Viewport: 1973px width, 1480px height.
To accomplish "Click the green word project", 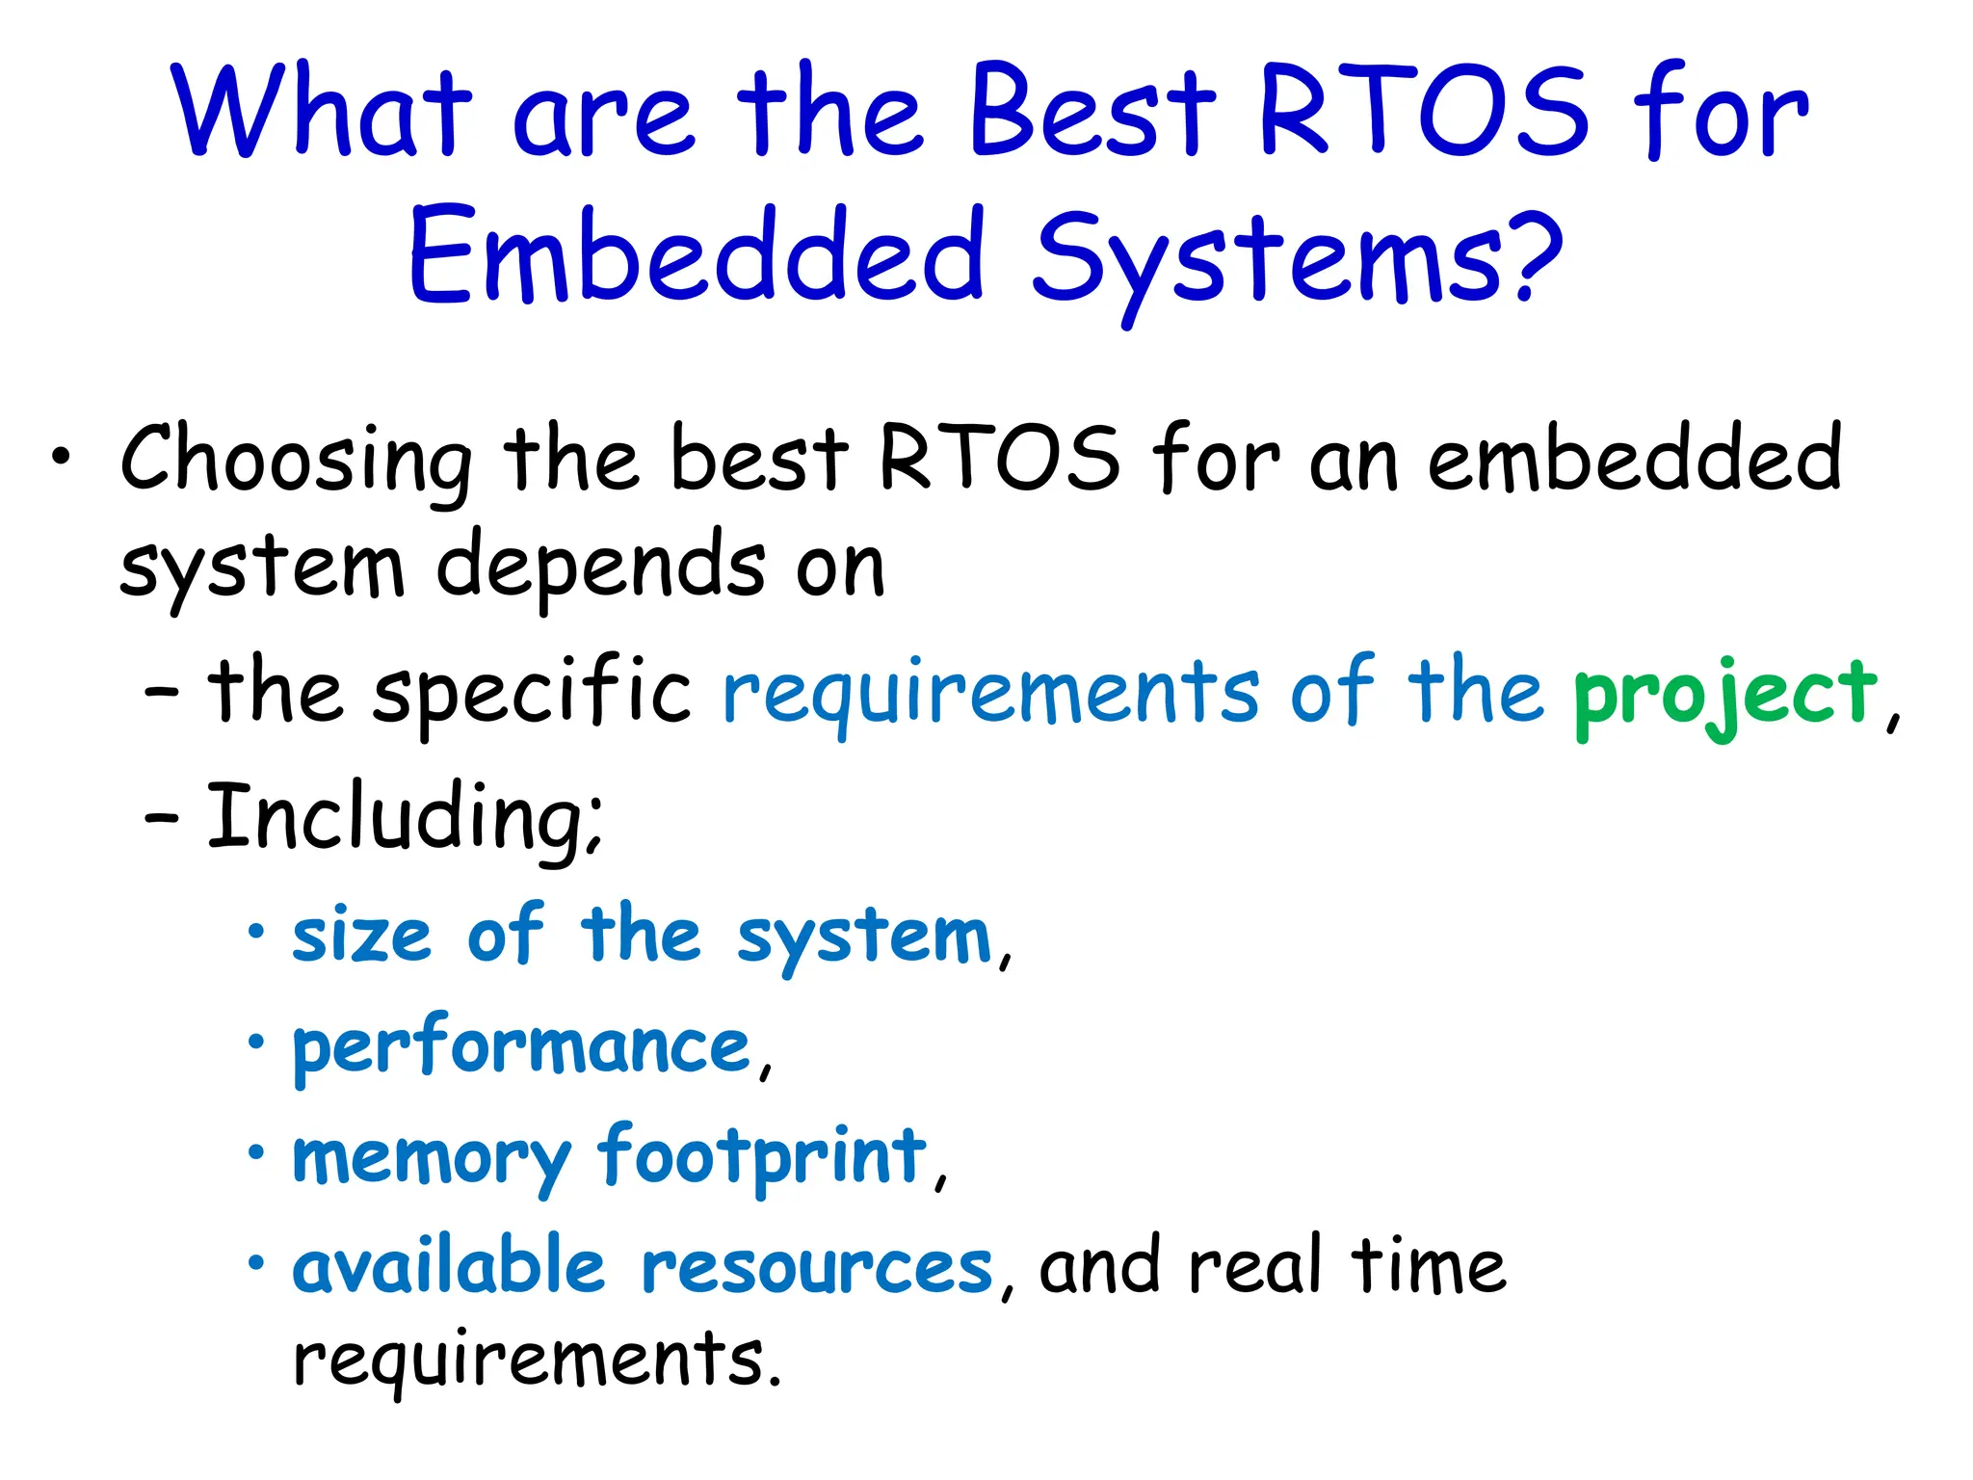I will tap(1724, 694).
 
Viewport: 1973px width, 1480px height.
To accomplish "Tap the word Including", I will tap(405, 819).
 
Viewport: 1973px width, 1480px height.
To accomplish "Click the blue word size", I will tap(361, 937).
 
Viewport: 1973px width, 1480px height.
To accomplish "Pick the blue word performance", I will tap(521, 1047).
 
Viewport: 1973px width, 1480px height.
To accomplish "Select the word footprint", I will tap(761, 1156).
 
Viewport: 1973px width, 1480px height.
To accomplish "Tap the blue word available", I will tap(449, 1267).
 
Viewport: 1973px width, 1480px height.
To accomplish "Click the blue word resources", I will tap(816, 1267).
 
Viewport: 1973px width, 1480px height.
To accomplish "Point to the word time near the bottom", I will tap(1428, 1267).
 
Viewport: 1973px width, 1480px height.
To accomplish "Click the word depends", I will tap(600, 568).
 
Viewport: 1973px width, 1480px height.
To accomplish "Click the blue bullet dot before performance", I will tap(255, 1043).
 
